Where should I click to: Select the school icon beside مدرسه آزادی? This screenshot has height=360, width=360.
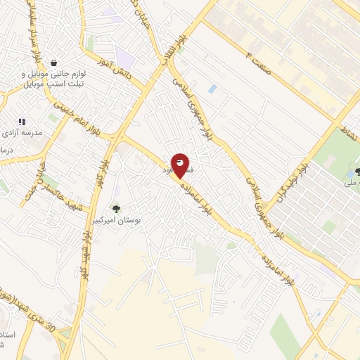point(22,122)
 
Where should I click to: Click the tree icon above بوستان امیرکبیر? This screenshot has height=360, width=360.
point(116,208)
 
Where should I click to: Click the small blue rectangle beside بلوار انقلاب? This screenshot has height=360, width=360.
point(212,89)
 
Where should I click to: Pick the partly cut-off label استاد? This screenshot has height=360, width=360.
point(7,337)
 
